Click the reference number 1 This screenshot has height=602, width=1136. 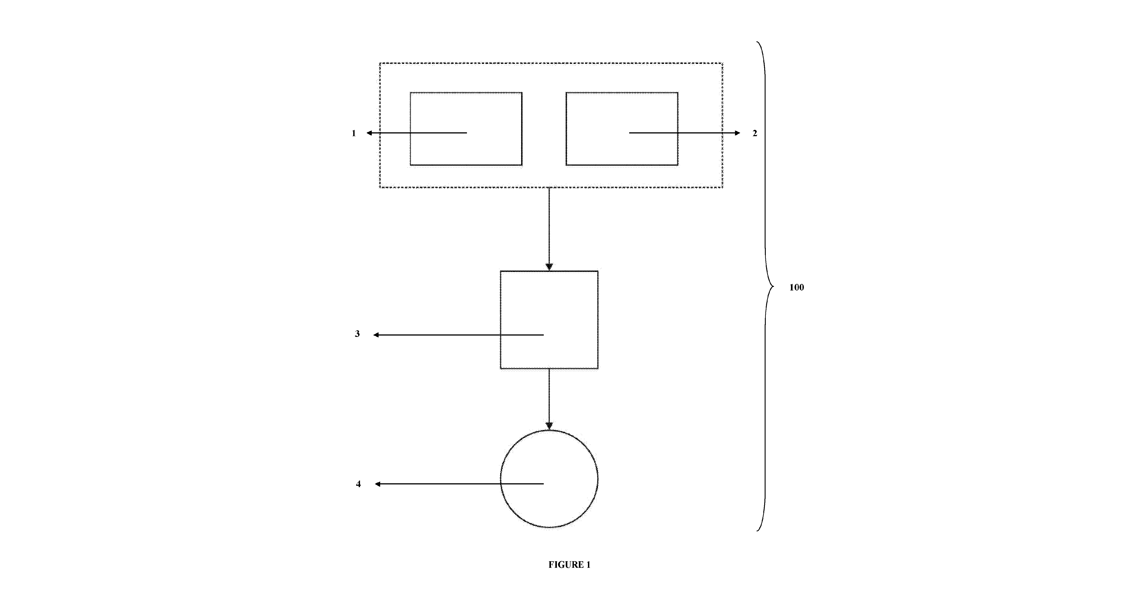pyautogui.click(x=354, y=133)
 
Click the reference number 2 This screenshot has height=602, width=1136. pyautogui.click(x=754, y=133)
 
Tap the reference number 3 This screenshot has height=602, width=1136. pyautogui.click(x=357, y=334)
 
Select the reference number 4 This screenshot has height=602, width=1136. pyautogui.click(x=358, y=484)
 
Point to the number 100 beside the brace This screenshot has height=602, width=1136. pyautogui.click(x=796, y=288)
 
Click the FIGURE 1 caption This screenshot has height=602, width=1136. pyautogui.click(x=569, y=565)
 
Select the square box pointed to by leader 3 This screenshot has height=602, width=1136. pyautogui.click(x=500, y=320)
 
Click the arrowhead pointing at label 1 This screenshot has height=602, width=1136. pyautogui.click(x=369, y=133)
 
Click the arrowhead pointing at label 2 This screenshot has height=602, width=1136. pyautogui.click(x=738, y=133)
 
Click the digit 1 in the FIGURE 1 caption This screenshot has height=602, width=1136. pyautogui.click(x=588, y=565)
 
